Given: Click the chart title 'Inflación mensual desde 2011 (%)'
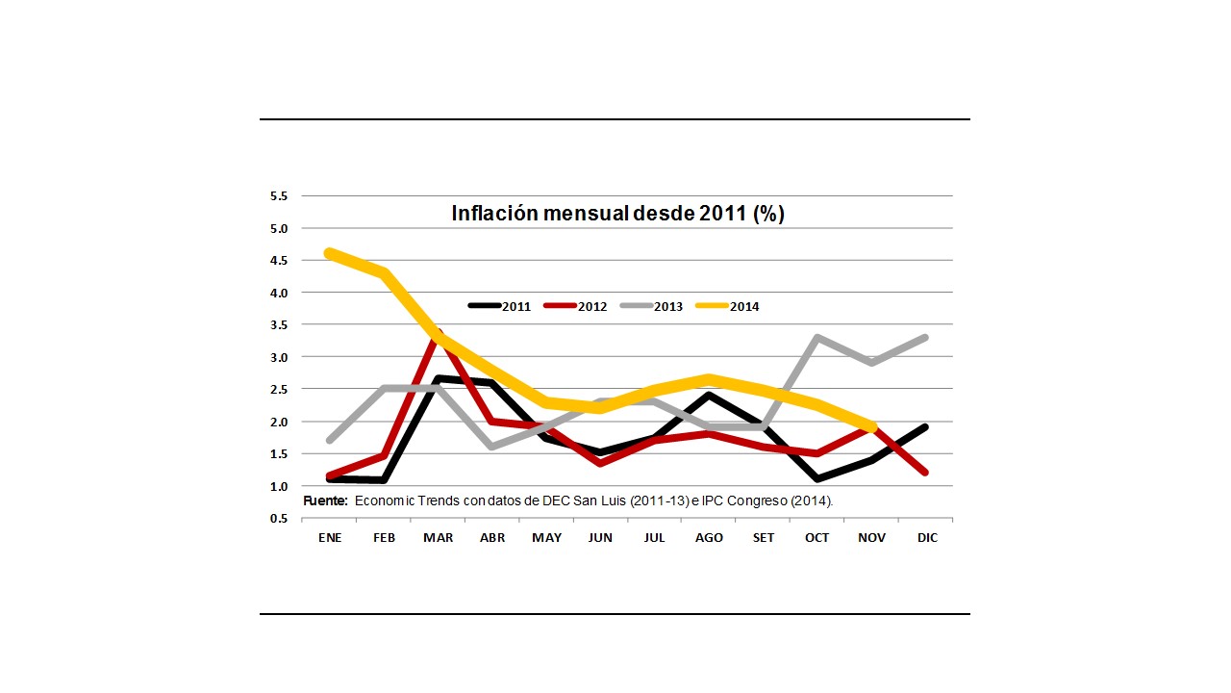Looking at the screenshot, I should (x=617, y=214).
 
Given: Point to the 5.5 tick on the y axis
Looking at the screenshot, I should (x=279, y=196).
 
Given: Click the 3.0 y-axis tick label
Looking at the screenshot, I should (x=279, y=357).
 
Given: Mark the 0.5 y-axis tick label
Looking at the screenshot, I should (x=279, y=519).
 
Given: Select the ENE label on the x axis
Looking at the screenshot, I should (x=330, y=538).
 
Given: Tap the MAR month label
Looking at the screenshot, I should (x=439, y=538).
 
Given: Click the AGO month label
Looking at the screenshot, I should (x=709, y=538).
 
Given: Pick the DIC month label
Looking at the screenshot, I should (x=926, y=538).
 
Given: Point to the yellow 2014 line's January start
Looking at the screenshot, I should (x=330, y=253).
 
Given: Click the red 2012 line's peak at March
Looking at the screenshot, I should (x=439, y=333).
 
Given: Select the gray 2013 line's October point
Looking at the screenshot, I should (x=817, y=338).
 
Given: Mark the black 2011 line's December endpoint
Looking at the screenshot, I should (x=926, y=426).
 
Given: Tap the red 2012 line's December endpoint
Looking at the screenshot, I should (x=926, y=472).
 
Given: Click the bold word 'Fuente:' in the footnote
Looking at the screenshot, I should (x=325, y=501).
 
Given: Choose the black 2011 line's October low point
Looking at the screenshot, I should (x=817, y=478).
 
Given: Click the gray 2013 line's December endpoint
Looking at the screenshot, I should (x=926, y=338).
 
